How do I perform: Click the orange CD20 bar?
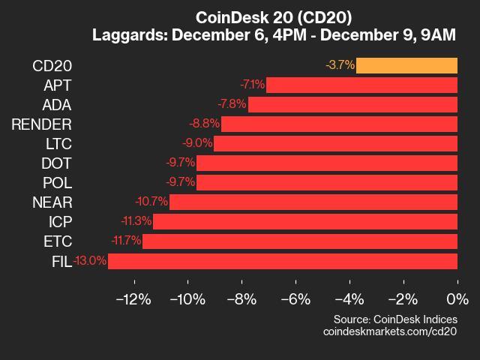pos(406,65)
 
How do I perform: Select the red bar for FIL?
pos(283,261)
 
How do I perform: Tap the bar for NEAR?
pos(313,202)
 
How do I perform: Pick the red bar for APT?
pos(361,85)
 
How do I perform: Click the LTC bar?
pos(335,143)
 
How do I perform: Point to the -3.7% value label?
pos(340,65)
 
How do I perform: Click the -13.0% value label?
pos(91,261)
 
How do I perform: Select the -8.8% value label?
pos(204,124)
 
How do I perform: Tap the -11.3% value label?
pos(136,221)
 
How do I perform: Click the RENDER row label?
pos(42,124)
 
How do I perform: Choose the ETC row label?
pos(58,241)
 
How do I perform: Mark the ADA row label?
pos(57,104)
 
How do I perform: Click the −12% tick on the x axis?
pos(134,299)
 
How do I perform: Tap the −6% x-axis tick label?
pos(295,299)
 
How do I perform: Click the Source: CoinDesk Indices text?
pos(394,318)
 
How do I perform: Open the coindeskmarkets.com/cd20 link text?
pos(390,331)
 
